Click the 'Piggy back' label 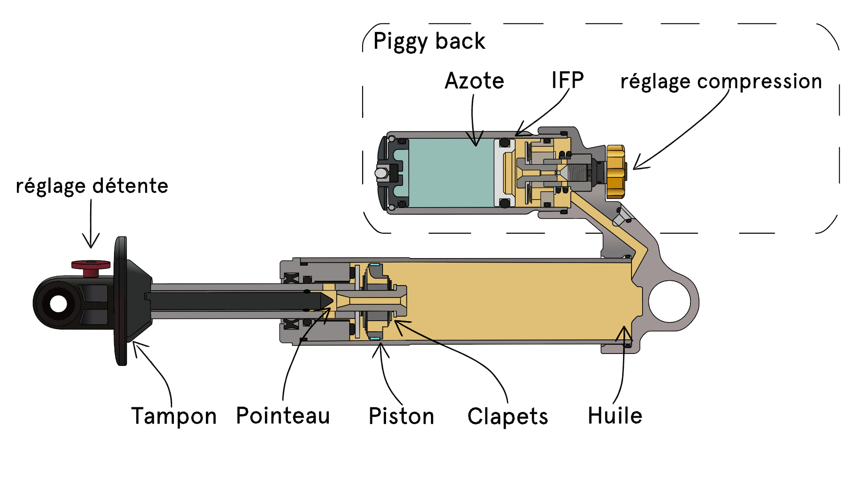tap(429, 41)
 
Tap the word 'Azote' tap(474, 81)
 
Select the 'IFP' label tap(567, 80)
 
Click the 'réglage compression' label tap(721, 82)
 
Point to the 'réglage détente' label tap(92, 186)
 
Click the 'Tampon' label tap(174, 416)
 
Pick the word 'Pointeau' tap(283, 416)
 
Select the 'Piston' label tap(401, 416)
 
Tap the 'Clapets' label tap(508, 416)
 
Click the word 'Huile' tap(615, 416)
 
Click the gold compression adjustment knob tap(615, 171)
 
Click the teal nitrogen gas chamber tap(450, 173)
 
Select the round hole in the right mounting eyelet tap(669, 302)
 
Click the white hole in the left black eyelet tap(59, 304)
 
